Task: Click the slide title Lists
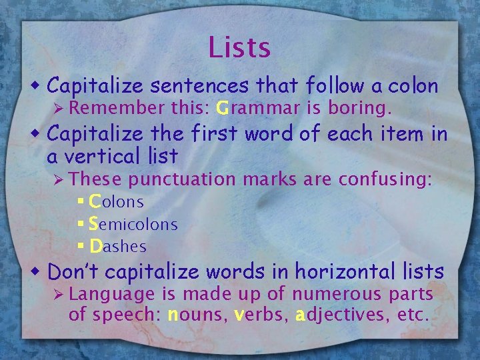[239, 47]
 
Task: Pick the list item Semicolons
[133, 224]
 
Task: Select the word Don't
[74, 272]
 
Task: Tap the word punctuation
[182, 179]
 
